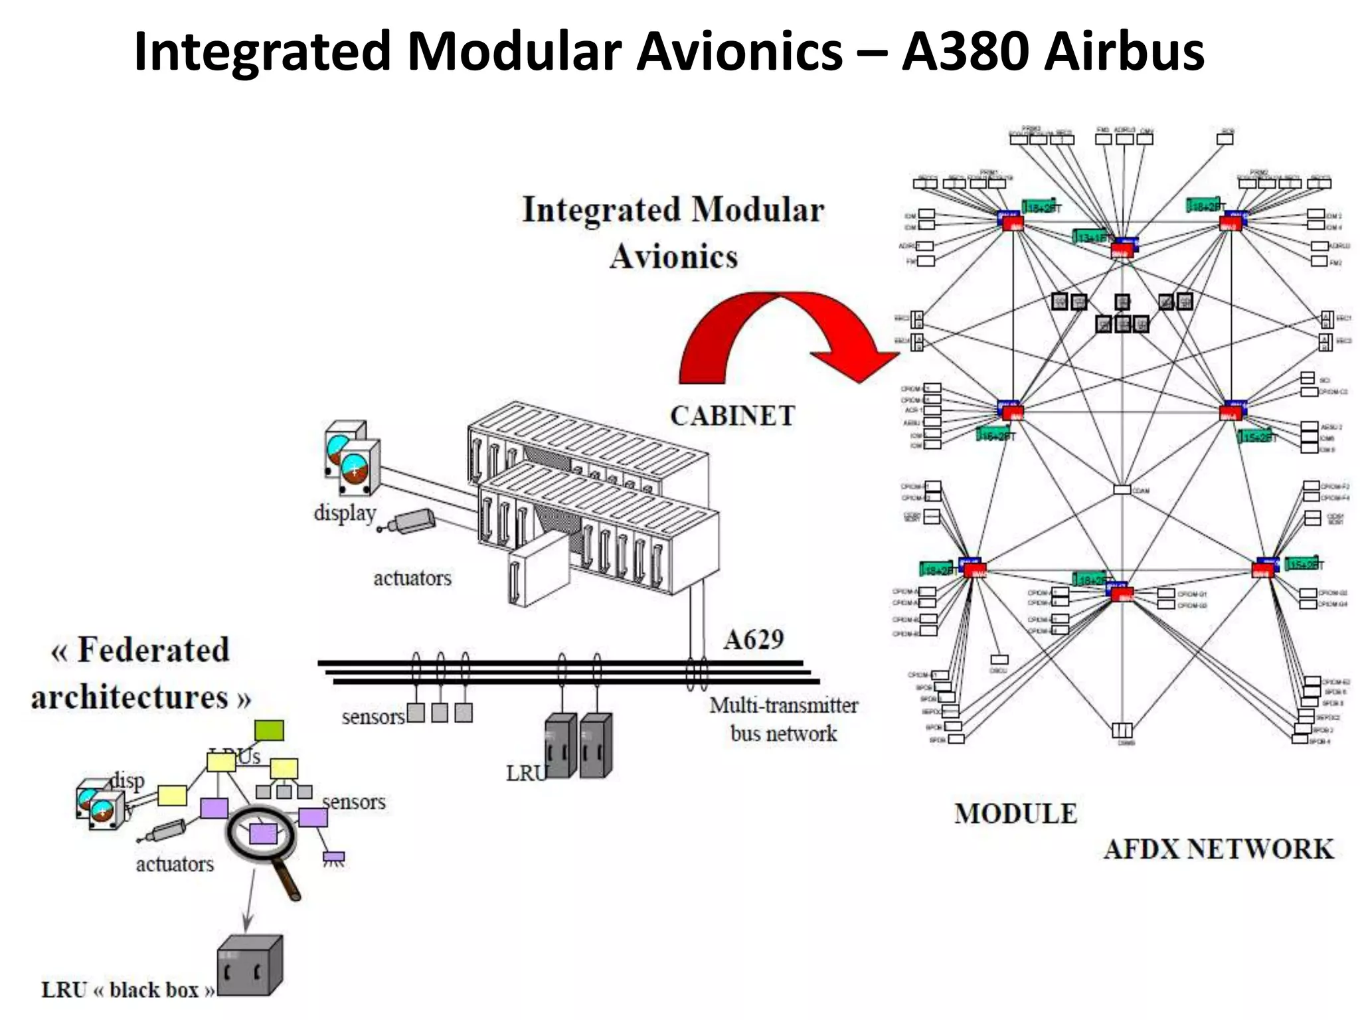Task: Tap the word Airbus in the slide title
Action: click(x=1124, y=52)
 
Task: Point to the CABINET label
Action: click(x=732, y=416)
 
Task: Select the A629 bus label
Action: click(x=754, y=639)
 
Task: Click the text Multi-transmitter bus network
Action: click(x=784, y=719)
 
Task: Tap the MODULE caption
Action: click(x=1015, y=813)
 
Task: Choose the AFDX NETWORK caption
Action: click(x=1219, y=849)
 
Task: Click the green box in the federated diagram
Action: click(x=269, y=730)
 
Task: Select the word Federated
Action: click(x=153, y=650)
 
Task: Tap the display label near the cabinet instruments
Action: click(x=345, y=513)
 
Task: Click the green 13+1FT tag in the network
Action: click(x=1091, y=236)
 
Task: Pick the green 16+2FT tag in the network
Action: click(x=996, y=436)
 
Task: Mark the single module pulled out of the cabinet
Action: click(x=538, y=571)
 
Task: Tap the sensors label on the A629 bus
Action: click(x=373, y=717)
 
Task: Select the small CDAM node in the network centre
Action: click(x=1122, y=489)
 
